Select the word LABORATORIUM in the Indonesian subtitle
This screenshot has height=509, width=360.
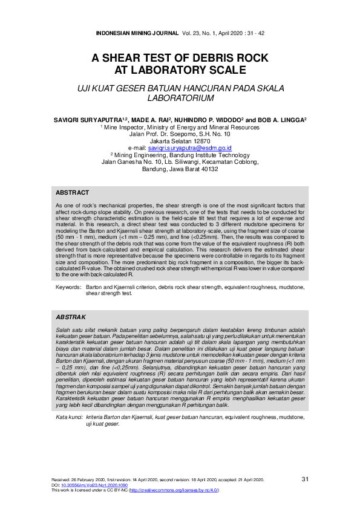click(180, 97)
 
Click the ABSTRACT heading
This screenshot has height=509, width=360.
click(73, 192)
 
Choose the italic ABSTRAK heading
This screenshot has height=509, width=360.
click(70, 317)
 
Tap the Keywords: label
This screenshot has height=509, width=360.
click(68, 288)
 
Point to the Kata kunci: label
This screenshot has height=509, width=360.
click(69, 418)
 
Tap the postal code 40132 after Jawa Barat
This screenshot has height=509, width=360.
click(206, 169)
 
